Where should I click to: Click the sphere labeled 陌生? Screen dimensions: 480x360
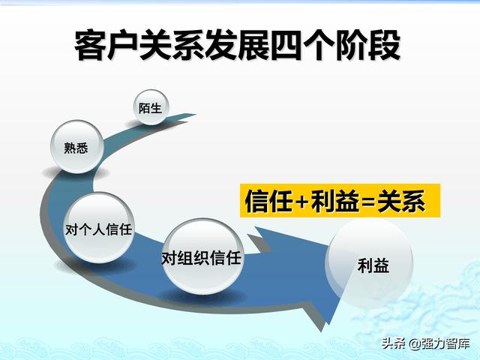[151, 107]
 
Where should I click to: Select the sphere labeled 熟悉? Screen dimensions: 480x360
[76, 147]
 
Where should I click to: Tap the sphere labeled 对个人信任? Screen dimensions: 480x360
[98, 228]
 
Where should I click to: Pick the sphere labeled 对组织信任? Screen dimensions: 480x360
[202, 256]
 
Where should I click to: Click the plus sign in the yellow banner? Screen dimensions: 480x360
[301, 202]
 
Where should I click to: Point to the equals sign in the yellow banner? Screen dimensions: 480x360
[368, 202]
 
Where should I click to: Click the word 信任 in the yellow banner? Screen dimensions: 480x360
[268, 201]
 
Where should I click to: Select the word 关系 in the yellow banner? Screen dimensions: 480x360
[401, 201]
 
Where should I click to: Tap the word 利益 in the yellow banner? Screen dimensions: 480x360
[335, 201]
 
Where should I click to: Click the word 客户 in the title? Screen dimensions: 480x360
[106, 45]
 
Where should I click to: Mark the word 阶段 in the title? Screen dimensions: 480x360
[368, 45]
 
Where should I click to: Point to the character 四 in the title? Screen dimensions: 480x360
[286, 45]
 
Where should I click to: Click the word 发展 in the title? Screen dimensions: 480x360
[237, 45]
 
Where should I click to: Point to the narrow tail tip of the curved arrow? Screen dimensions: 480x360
[195, 115]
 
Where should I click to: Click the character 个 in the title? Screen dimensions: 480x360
[319, 45]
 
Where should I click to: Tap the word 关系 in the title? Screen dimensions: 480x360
[172, 45]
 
